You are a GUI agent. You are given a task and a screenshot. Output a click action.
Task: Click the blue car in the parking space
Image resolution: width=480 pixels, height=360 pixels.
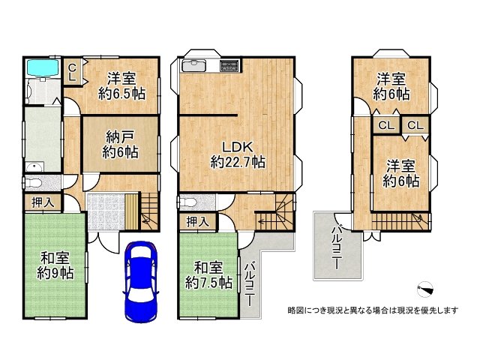(x=140, y=280)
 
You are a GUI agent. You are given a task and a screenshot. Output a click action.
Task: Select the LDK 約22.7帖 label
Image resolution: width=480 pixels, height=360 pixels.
(x=237, y=153)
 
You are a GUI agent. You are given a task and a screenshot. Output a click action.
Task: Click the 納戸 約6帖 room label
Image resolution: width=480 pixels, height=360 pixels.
(x=120, y=143)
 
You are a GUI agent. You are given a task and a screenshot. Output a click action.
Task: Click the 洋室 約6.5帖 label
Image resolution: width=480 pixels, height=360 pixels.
(x=121, y=85)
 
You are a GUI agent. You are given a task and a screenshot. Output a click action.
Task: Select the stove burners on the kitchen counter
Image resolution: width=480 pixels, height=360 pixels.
(x=229, y=66)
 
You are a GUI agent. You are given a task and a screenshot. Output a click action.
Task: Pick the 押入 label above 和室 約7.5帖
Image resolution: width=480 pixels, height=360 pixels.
(x=197, y=221)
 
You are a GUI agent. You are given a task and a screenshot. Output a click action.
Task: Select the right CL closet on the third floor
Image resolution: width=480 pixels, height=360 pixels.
(x=415, y=125)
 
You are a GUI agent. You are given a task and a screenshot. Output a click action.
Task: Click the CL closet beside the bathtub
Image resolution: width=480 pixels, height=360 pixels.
(x=72, y=73)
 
